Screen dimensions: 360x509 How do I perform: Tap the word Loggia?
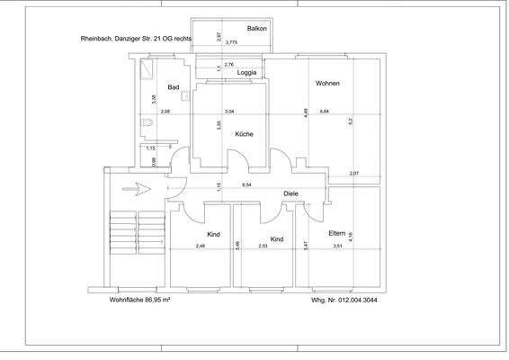click(x=247, y=72)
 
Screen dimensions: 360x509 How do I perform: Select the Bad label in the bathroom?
click(x=174, y=87)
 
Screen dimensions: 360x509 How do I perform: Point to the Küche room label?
click(x=244, y=134)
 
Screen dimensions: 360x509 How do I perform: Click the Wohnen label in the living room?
click(x=327, y=83)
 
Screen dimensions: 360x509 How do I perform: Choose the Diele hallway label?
click(x=290, y=193)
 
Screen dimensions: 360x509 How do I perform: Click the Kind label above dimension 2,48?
click(x=213, y=234)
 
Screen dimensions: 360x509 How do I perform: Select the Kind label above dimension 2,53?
click(x=277, y=239)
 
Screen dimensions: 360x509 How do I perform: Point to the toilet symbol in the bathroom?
click(x=147, y=124)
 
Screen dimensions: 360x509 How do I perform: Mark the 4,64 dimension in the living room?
click(x=324, y=111)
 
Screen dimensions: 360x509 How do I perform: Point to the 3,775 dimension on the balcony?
click(x=231, y=43)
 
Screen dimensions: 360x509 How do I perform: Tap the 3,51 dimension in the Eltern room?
click(x=338, y=246)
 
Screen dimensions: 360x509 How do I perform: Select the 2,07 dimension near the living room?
click(x=353, y=173)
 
